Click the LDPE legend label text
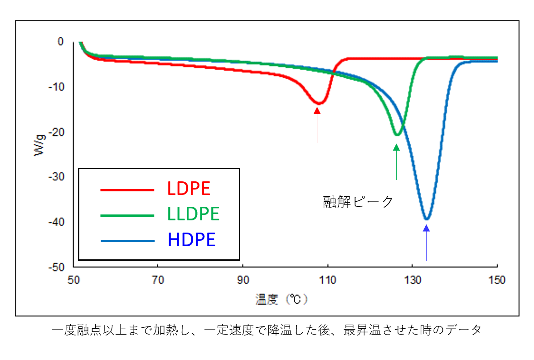tap(189, 189)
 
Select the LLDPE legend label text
tap(194, 214)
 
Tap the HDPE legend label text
tap(191, 240)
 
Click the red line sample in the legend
tap(127, 190)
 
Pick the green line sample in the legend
tap(127, 215)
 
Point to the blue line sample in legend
tap(127, 241)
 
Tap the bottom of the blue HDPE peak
tap(426, 219)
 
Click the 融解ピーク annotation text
tap(358, 202)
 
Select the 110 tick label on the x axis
tap(327, 280)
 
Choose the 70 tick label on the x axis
tap(157, 280)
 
